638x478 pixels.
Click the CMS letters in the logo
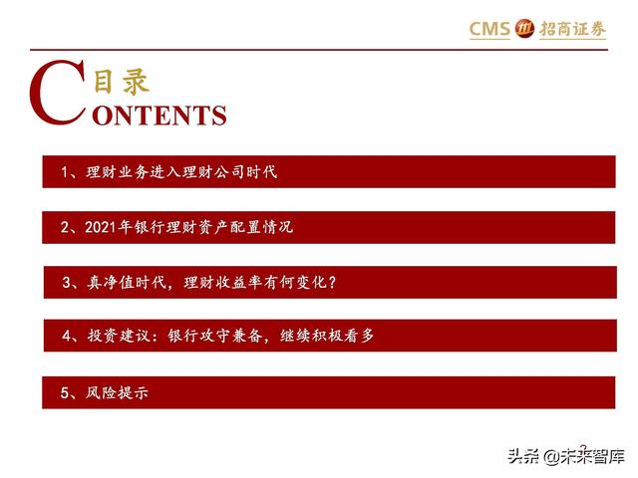[x=489, y=29]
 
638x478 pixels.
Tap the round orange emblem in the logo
[x=524, y=29]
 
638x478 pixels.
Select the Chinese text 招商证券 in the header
[x=573, y=29]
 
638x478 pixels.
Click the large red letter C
[x=58, y=93]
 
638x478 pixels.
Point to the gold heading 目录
[x=122, y=82]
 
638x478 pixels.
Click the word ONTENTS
[x=159, y=116]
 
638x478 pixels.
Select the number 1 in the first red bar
[x=64, y=172]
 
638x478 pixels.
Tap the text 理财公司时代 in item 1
[x=230, y=171]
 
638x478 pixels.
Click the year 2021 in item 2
[x=101, y=227]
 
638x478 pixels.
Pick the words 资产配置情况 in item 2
[x=246, y=227]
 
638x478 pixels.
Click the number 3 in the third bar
[x=67, y=282]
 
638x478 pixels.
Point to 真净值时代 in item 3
[x=127, y=282]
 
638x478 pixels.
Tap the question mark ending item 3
[x=332, y=282]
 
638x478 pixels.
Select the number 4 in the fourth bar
[x=67, y=336]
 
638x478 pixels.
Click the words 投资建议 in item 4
[x=119, y=336]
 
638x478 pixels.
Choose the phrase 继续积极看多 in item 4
[x=327, y=336]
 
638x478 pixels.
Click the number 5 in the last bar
[x=65, y=392]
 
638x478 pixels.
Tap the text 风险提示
[x=117, y=392]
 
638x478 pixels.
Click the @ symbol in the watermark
[x=550, y=457]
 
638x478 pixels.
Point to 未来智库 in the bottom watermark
[x=592, y=456]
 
